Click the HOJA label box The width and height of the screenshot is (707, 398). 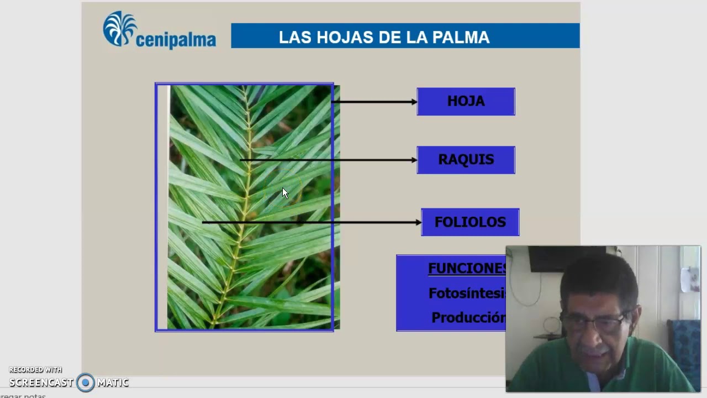coord(466,101)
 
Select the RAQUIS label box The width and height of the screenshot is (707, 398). coord(466,160)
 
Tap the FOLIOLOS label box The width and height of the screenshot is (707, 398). coord(470,222)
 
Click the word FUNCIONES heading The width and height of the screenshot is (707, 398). coord(467,268)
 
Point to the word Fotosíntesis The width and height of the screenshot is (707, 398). coord(467,294)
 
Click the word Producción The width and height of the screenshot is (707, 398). coord(468,318)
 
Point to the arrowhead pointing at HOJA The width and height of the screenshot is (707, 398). coord(414,102)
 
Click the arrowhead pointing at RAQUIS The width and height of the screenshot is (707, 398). coord(414,160)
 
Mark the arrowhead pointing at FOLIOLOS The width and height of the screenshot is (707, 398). coord(418,223)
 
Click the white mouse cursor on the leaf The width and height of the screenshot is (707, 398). coord(285,193)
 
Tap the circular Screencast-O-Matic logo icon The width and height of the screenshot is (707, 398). coord(86,383)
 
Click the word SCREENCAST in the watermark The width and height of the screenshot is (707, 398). coord(41,383)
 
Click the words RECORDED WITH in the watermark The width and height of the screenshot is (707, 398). coord(35,370)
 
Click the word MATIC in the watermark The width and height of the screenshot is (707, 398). coord(113,383)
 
